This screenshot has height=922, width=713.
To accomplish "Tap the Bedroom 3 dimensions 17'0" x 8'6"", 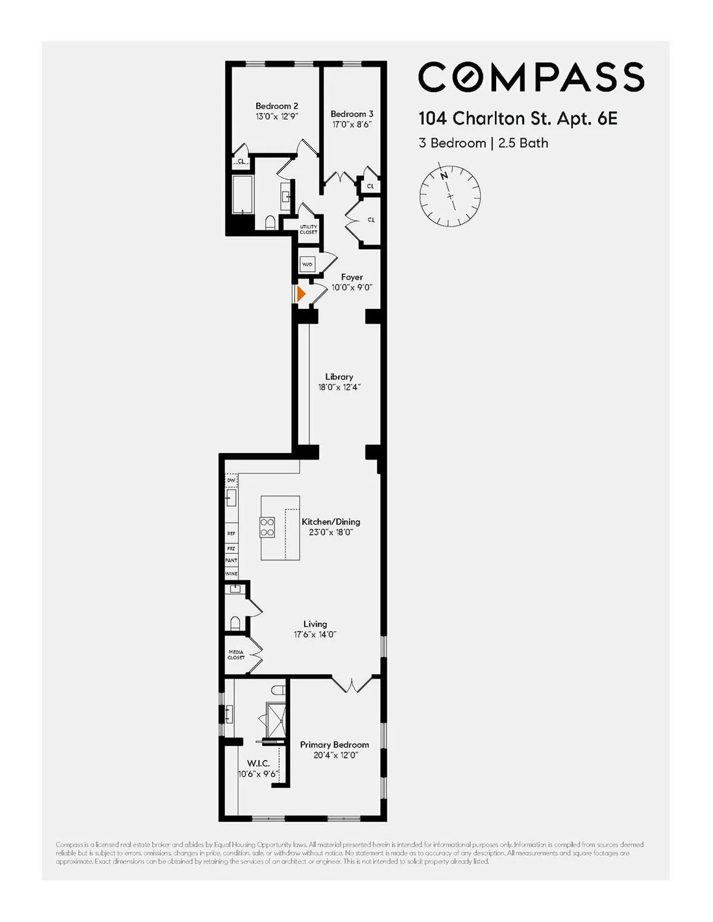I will (352, 125).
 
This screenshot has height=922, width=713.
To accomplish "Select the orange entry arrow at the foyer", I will (301, 293).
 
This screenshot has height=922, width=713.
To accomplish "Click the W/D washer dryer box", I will (308, 264).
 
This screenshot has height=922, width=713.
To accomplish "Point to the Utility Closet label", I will (308, 229).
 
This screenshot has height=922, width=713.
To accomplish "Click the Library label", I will (339, 377).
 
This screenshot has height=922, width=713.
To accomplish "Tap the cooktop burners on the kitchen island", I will (267, 527).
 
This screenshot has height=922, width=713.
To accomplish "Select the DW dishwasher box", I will (231, 480).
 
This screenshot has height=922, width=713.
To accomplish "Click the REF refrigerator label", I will (231, 534).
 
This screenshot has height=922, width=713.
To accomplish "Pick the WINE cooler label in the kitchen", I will (231, 574).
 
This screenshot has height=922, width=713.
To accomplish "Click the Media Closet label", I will (236, 655).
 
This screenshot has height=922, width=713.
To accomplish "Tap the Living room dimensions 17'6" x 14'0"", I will (315, 635).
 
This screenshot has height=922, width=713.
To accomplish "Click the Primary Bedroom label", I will (334, 744).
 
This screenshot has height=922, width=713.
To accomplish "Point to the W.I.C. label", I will (258, 763).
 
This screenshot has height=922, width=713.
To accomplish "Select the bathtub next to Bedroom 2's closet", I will (242, 195).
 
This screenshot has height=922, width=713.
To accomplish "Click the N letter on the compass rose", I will (444, 176).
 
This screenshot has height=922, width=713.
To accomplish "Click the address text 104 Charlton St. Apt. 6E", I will (518, 119).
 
